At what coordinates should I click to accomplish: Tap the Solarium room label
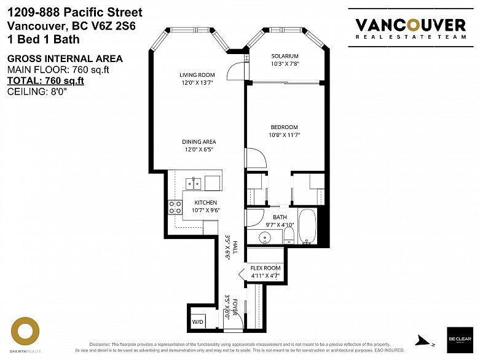pos(285,56)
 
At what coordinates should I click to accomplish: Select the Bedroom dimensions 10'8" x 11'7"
pos(284,135)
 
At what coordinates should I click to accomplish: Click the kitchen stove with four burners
pos(175,208)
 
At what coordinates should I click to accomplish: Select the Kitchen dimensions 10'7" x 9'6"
pos(207,210)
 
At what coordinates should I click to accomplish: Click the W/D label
pos(199,321)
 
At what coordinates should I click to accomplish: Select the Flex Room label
pos(266,268)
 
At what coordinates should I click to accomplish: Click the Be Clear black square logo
pos(460,339)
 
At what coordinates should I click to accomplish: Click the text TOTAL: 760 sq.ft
pos(45,80)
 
